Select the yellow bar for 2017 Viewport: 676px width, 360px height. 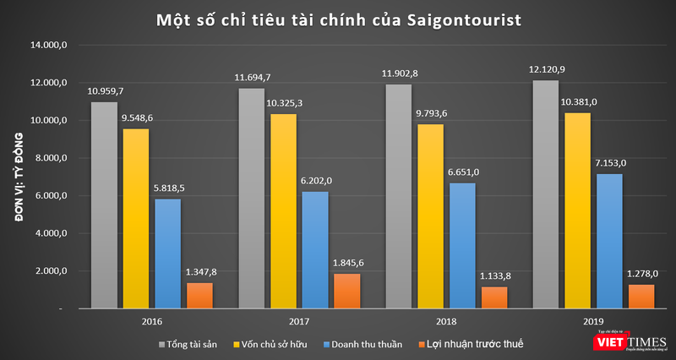point(284,211)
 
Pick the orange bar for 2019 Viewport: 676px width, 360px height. point(641,297)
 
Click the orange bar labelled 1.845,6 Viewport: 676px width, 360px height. point(347,291)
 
